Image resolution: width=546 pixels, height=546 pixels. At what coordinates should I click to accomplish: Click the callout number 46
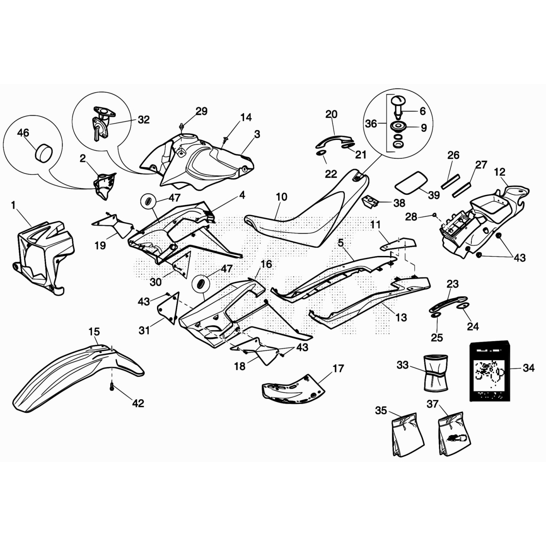tap(23, 133)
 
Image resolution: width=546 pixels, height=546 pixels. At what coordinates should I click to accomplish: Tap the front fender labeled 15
tap(68, 372)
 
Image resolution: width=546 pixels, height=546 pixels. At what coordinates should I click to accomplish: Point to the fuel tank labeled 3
tap(201, 160)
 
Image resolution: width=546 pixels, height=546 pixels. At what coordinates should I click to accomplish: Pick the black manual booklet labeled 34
tap(490, 371)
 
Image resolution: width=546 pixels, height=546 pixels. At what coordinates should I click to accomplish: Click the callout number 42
tap(138, 403)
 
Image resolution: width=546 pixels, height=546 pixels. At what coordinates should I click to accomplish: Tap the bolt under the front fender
tap(112, 387)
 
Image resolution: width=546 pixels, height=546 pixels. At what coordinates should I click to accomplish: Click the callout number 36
tap(371, 124)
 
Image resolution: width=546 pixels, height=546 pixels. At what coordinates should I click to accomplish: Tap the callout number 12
tap(500, 172)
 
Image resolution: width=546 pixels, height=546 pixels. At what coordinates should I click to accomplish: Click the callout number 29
tap(201, 111)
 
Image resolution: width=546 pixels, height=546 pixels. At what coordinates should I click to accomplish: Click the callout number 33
tap(403, 365)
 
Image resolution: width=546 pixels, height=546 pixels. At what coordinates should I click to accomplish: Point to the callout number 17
tap(338, 369)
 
